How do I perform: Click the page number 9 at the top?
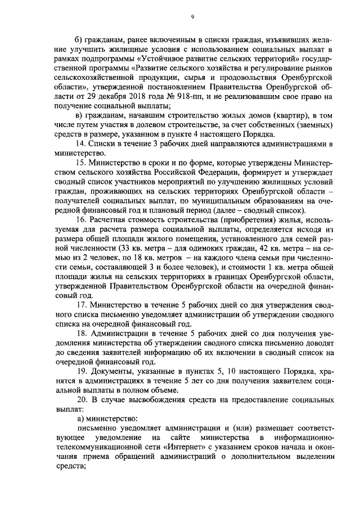192,17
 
